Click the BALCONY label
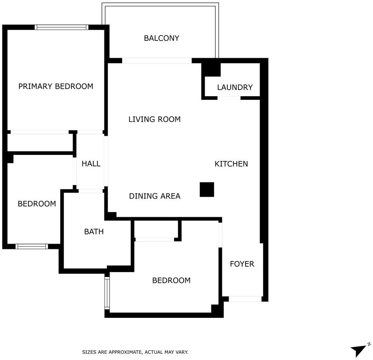coord(161,38)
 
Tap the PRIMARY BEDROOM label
coord(56,86)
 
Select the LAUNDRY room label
coord(235,87)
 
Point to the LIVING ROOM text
coord(154,119)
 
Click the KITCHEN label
coord(231,164)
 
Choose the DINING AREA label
coord(155,196)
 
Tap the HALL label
coord(91,163)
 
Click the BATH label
coord(94,232)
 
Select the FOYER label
coord(242,264)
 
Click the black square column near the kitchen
coord(207,189)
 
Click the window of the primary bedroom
coord(61,27)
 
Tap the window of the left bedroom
coord(32,246)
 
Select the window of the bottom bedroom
coord(107,293)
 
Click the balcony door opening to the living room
coord(157,60)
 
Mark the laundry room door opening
coord(229,98)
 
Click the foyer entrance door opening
coord(245,299)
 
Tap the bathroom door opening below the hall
coord(91,191)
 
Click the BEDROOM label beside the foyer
coord(171,280)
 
